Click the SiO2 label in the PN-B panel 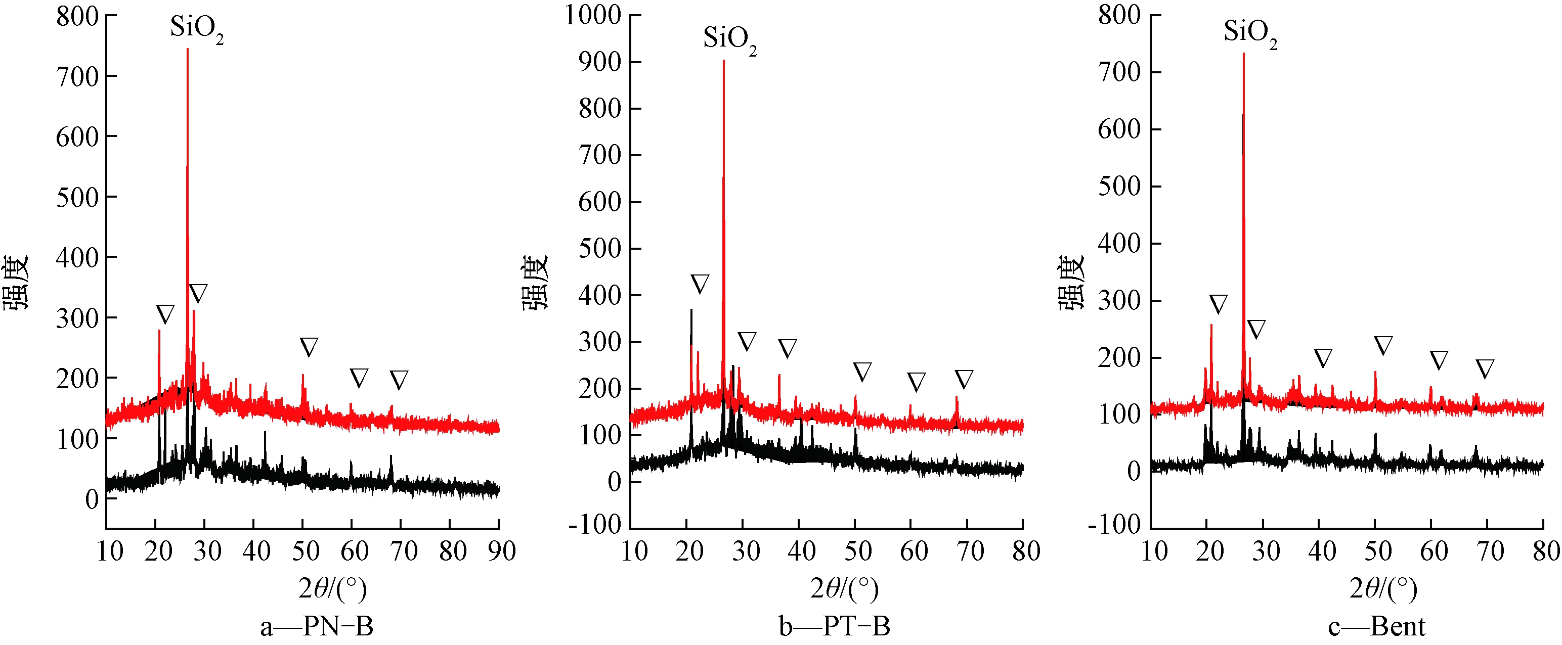[196, 28]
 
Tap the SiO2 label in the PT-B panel [729, 39]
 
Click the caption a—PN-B [317, 627]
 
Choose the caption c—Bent [1377, 627]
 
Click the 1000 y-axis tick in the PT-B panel [593, 15]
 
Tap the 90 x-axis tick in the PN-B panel [501, 551]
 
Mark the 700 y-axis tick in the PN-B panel [77, 77]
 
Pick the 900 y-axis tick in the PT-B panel [600, 62]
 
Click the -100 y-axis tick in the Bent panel [1114, 524]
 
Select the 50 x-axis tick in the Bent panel [1378, 551]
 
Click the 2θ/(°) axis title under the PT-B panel [845, 588]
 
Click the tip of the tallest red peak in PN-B [187, 49]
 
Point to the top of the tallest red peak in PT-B [723, 61]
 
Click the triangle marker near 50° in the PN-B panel [309, 347]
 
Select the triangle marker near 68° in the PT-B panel [964, 379]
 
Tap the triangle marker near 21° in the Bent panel [1218, 304]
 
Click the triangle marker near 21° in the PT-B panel [700, 284]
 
